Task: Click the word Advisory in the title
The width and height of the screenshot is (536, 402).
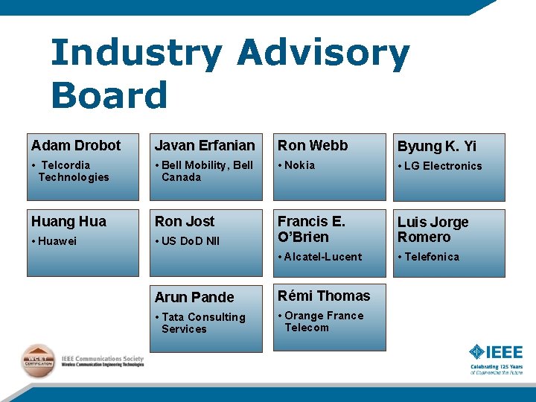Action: coord(323,55)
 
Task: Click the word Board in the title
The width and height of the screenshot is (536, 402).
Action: coord(109,96)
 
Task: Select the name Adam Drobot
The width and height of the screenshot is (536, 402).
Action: coord(76,145)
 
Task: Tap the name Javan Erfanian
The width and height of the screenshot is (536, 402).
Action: coord(205,145)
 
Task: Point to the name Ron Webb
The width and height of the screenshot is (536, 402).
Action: coord(313,145)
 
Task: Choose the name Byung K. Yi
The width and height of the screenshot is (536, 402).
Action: coord(437,146)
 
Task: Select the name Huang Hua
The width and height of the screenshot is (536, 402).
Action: coord(68,221)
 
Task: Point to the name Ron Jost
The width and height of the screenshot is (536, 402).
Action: coord(184,221)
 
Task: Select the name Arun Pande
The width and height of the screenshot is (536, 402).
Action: coord(194,297)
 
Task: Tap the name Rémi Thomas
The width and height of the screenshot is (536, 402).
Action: coord(324,296)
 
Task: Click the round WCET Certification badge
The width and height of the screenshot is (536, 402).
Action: coord(37,361)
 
